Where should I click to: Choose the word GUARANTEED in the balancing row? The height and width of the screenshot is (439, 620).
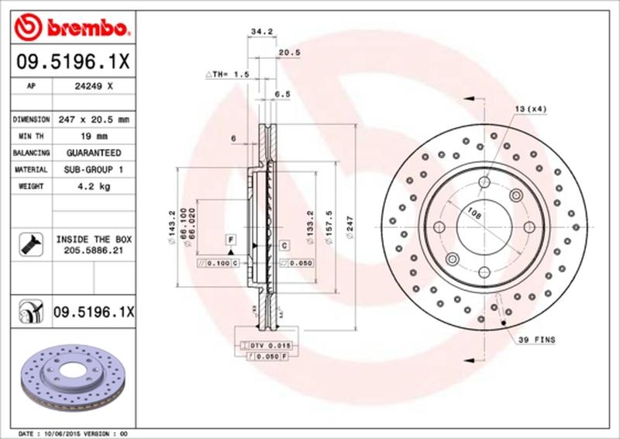pyautogui.click(x=93, y=153)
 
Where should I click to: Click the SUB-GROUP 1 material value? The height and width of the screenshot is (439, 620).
pyautogui.click(x=93, y=169)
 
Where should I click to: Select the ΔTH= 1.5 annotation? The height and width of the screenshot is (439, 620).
pyautogui.click(x=227, y=74)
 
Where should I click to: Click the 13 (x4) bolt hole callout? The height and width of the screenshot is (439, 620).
pyautogui.click(x=531, y=109)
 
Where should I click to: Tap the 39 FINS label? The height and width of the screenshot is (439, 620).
pyautogui.click(x=537, y=340)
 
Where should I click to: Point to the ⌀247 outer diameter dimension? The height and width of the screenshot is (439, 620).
pyautogui.click(x=350, y=230)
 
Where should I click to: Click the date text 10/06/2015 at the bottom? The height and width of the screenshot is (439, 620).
pyautogui.click(x=60, y=433)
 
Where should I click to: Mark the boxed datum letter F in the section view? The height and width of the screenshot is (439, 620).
pyautogui.click(x=230, y=238)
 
